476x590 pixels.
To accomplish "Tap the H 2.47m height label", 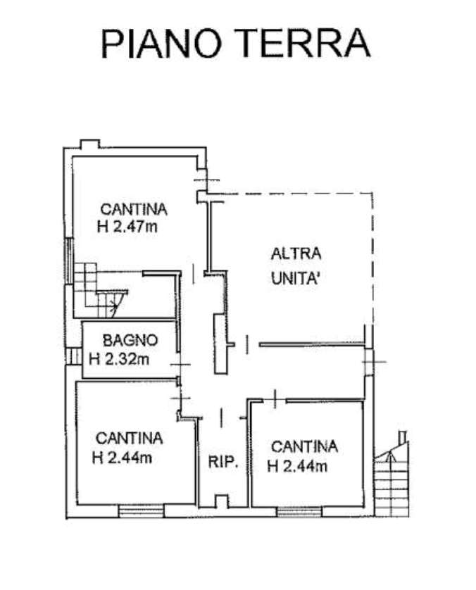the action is point(127,227).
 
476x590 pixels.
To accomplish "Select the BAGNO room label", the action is point(130,341).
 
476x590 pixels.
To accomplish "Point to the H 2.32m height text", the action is point(119,359).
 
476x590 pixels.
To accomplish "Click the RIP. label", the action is point(223,462).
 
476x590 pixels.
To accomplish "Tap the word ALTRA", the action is point(296,253).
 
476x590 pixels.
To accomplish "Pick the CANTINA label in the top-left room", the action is point(134,209).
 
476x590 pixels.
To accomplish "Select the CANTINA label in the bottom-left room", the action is point(129,439).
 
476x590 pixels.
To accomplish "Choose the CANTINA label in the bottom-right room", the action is point(304,446).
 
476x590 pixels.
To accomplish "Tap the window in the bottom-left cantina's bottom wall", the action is point(141,511).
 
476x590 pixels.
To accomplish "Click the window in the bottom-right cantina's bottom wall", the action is point(299,512).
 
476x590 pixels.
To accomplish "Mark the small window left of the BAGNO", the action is point(74,356).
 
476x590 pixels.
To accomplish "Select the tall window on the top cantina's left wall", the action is point(69,261).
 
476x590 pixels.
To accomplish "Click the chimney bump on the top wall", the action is point(90,144).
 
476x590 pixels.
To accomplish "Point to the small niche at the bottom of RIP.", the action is point(222,501).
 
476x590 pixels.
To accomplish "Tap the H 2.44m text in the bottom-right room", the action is point(297,467).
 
